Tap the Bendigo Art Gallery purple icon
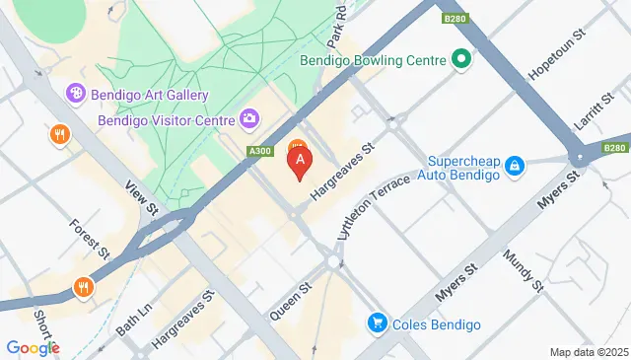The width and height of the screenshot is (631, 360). pyautogui.click(x=74, y=94)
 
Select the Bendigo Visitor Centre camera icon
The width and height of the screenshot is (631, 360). pyautogui.click(x=250, y=119)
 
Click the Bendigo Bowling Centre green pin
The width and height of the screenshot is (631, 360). pyautogui.click(x=460, y=60)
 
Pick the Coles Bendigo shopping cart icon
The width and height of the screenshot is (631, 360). pyautogui.click(x=377, y=323)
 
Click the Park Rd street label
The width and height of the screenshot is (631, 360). pyautogui.click(x=341, y=22)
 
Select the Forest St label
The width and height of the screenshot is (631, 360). pyautogui.click(x=89, y=239)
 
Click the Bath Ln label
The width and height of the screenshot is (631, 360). pyautogui.click(x=133, y=318)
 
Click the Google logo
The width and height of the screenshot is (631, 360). pyautogui.click(x=33, y=347)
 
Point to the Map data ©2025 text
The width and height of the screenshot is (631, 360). pyautogui.click(x=588, y=352)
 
